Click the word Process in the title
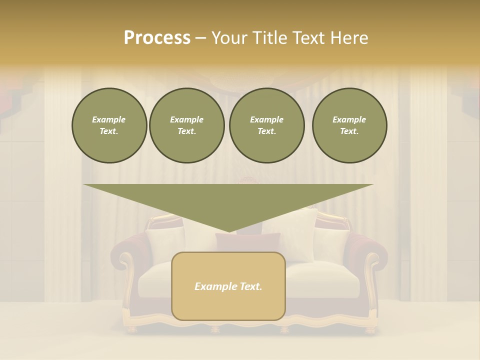[x=157, y=38]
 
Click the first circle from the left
[x=109, y=125]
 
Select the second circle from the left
[x=187, y=125]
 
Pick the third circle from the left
[x=267, y=125]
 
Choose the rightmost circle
[x=349, y=125]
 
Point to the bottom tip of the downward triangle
[x=228, y=231]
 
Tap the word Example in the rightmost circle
[x=349, y=119]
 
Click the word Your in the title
[x=230, y=38]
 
